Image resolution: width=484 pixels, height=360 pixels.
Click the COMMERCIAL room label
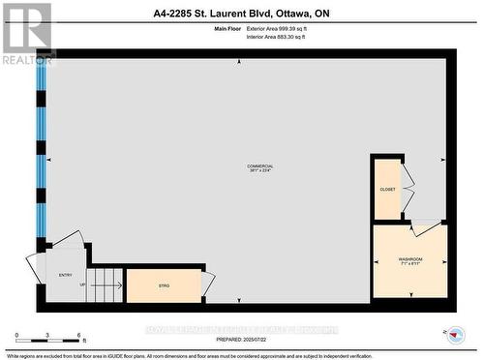(260, 166)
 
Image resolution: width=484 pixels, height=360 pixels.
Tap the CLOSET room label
(387, 190)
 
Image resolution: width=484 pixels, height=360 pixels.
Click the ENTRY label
(66, 275)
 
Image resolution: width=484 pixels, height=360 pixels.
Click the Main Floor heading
(227, 31)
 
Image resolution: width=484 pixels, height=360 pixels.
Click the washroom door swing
(425, 227)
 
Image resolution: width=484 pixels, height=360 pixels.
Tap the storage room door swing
(208, 284)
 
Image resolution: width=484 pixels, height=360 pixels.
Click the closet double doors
(408, 189)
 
